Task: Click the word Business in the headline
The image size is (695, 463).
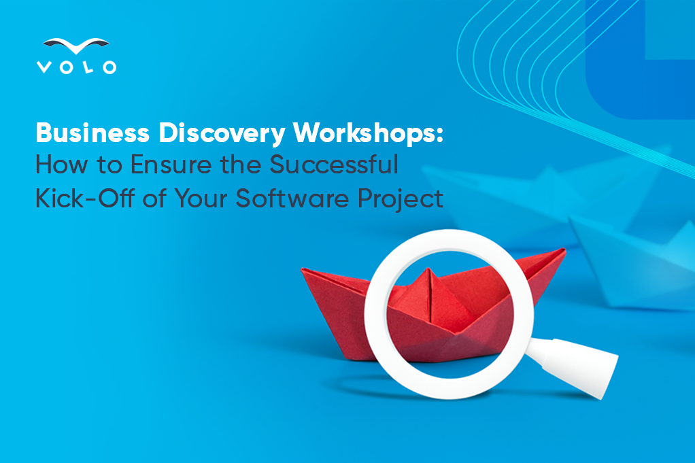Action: tap(92, 133)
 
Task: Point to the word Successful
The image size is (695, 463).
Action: tap(334, 165)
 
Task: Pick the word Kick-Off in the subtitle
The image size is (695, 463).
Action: tap(84, 198)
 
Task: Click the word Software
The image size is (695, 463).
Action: tap(292, 198)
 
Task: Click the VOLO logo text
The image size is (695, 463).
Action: tap(76, 67)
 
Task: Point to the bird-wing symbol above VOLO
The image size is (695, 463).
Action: tap(75, 45)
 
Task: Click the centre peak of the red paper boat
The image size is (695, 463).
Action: tap(428, 269)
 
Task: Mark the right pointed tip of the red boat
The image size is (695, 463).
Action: tap(564, 250)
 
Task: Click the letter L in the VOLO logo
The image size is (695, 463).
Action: tap(88, 67)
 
